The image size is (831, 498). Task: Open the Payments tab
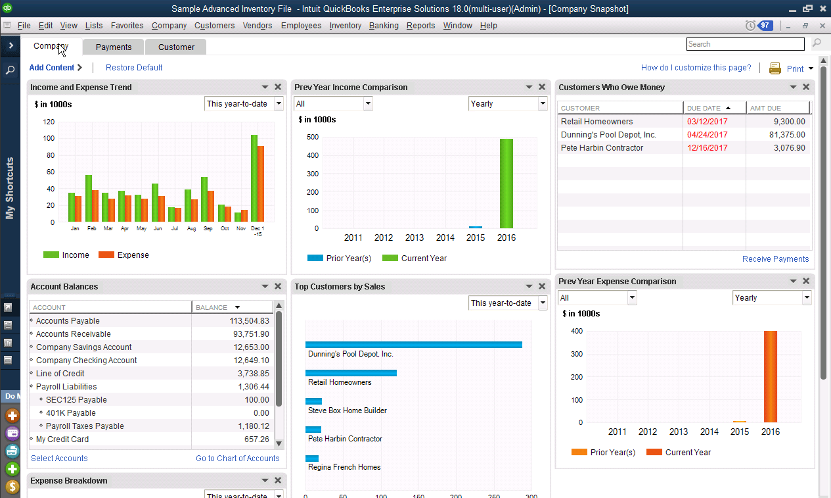pos(114,47)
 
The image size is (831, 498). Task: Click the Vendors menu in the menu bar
pos(258,26)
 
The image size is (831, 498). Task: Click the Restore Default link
pos(134,68)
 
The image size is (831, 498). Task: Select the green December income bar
pos(254,178)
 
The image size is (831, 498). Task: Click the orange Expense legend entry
pos(124,255)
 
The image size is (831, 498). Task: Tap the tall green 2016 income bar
pos(506,184)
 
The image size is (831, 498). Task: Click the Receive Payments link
pos(775,259)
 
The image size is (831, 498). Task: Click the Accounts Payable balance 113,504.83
pos(240,321)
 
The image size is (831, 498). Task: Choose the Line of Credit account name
pos(60,374)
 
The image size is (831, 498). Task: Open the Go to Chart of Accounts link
pos(237,459)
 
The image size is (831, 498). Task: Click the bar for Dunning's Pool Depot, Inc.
pos(414,345)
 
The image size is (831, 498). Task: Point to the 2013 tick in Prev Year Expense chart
pos(679,432)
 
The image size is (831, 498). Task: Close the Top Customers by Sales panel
pos(542,286)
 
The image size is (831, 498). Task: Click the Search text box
pos(745,44)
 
